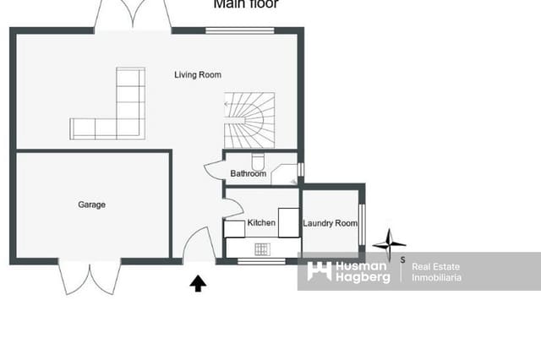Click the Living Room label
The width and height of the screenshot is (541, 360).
pyautogui.click(x=198, y=75)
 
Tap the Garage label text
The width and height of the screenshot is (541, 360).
pyautogui.click(x=91, y=205)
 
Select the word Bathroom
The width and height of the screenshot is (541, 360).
pyautogui.click(x=248, y=174)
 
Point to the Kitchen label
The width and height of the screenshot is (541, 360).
pyautogui.click(x=261, y=223)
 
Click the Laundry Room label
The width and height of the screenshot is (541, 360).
pyautogui.click(x=331, y=223)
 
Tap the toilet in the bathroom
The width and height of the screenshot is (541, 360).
pyautogui.click(x=260, y=161)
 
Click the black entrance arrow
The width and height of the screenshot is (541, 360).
pyautogui.click(x=197, y=283)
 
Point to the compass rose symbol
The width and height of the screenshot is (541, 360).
pyautogui.click(x=389, y=243)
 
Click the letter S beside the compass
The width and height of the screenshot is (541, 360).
pyautogui.click(x=402, y=259)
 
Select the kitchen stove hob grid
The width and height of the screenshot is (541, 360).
pyautogui.click(x=262, y=248)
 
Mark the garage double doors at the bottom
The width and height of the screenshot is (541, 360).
pyautogui.click(x=89, y=275)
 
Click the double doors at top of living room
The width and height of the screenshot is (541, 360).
pyautogui.click(x=133, y=15)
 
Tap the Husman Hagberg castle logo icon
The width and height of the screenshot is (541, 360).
pyautogui.click(x=319, y=271)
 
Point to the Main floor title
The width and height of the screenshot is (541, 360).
pyautogui.click(x=245, y=4)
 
